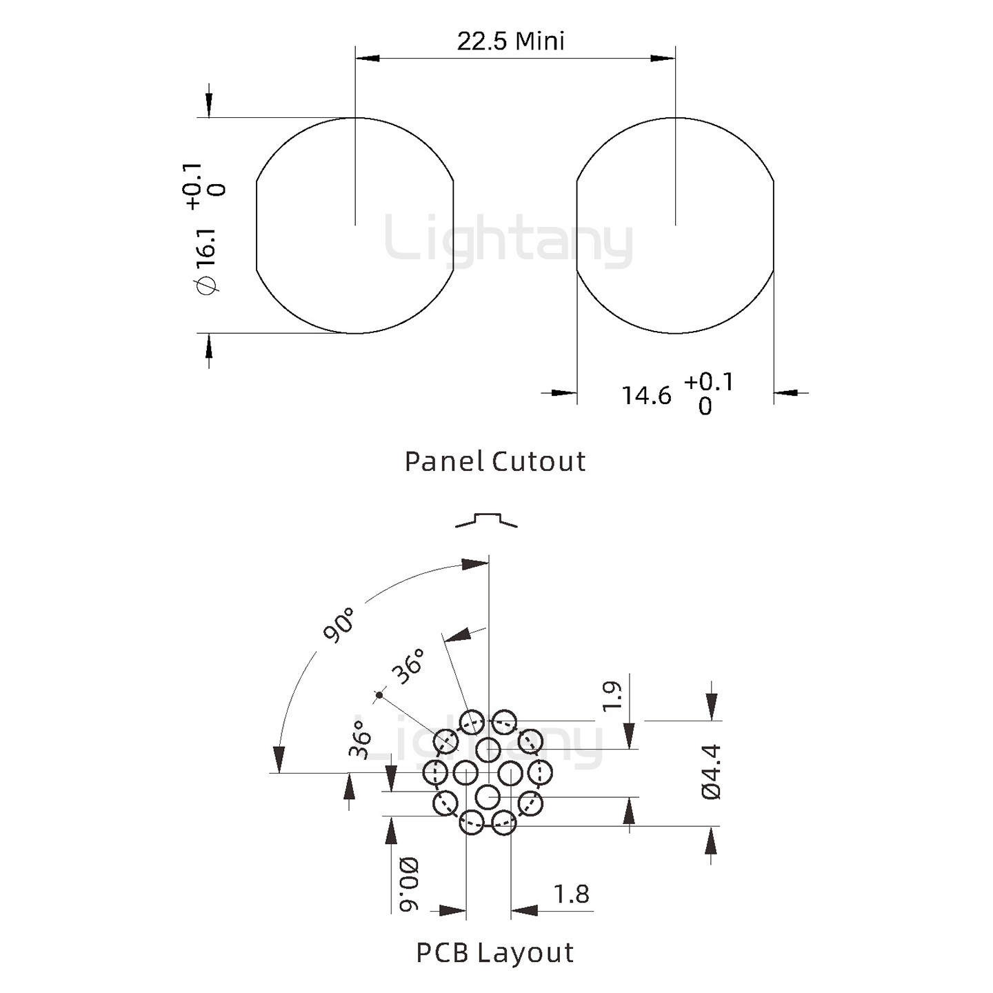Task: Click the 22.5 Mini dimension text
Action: pos(510,41)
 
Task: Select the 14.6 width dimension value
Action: pos(646,396)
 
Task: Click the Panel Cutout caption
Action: pos(495,461)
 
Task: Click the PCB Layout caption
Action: pos(495,953)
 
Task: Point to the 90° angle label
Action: pos(339,625)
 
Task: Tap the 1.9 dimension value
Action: pos(612,696)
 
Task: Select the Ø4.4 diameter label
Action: pos(711,772)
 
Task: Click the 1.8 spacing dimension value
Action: pos(572,894)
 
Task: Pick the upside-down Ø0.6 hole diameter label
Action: pos(408,884)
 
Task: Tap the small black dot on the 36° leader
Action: pos(379,695)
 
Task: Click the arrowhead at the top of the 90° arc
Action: pos(476,564)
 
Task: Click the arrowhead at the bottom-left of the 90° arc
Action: pos(279,759)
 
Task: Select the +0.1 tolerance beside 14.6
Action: pos(709,381)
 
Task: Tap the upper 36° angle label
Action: pos(408,666)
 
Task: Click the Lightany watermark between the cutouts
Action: pos(509,241)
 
